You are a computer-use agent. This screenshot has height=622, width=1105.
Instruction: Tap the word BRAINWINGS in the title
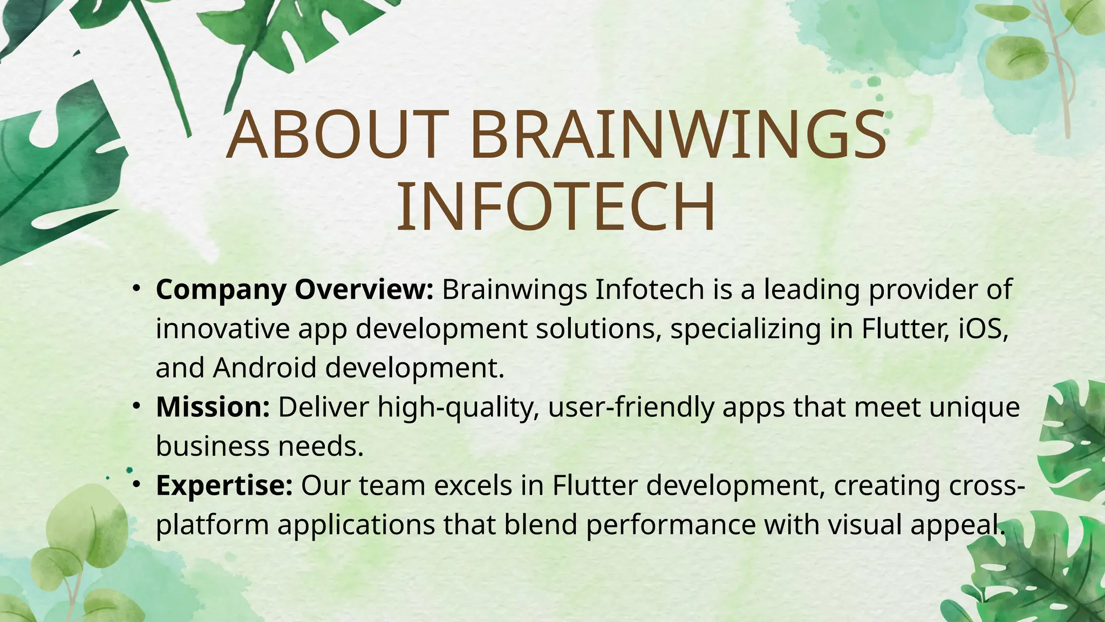(x=678, y=135)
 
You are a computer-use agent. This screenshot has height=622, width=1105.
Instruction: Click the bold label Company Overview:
(x=295, y=290)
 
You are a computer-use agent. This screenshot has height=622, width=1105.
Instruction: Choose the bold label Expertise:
(x=224, y=485)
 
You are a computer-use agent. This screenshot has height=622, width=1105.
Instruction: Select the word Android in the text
(x=264, y=368)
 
